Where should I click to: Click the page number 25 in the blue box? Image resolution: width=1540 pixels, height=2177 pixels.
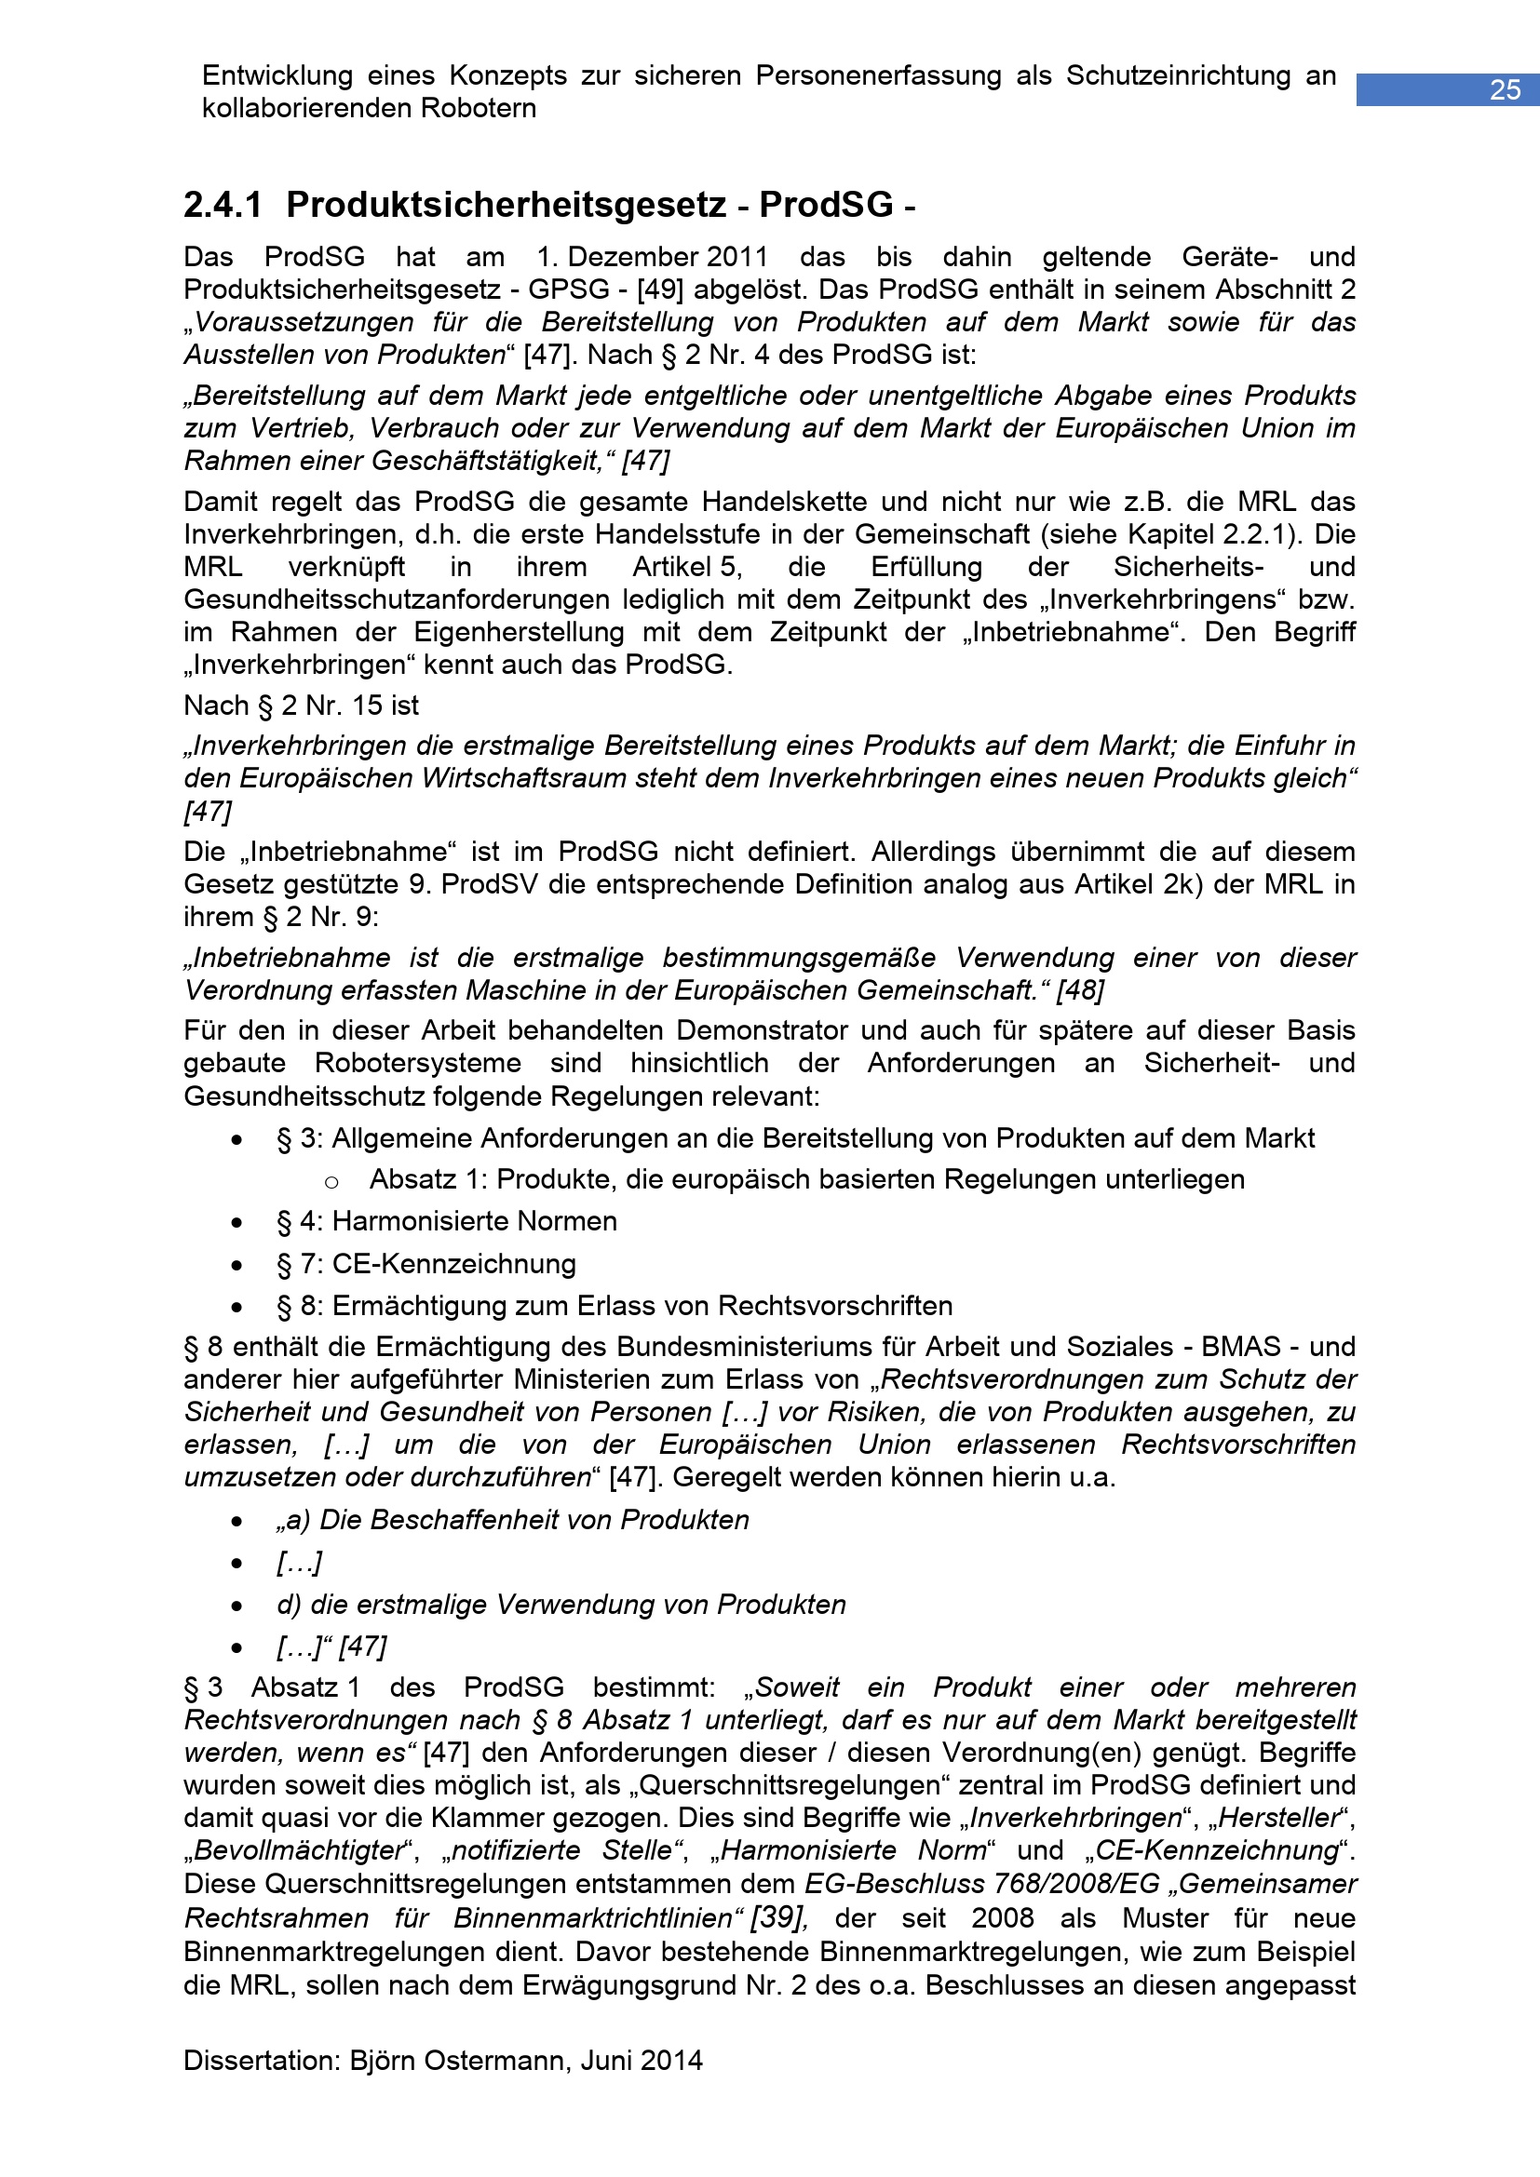coord(1505,90)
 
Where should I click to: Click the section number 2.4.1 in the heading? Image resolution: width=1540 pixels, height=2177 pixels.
coord(223,205)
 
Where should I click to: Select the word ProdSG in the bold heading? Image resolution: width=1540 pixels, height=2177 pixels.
coord(826,205)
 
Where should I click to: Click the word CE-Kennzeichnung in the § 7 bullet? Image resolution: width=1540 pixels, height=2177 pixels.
coord(453,1264)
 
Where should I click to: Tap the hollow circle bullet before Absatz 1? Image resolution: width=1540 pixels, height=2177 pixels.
coord(331,1181)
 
